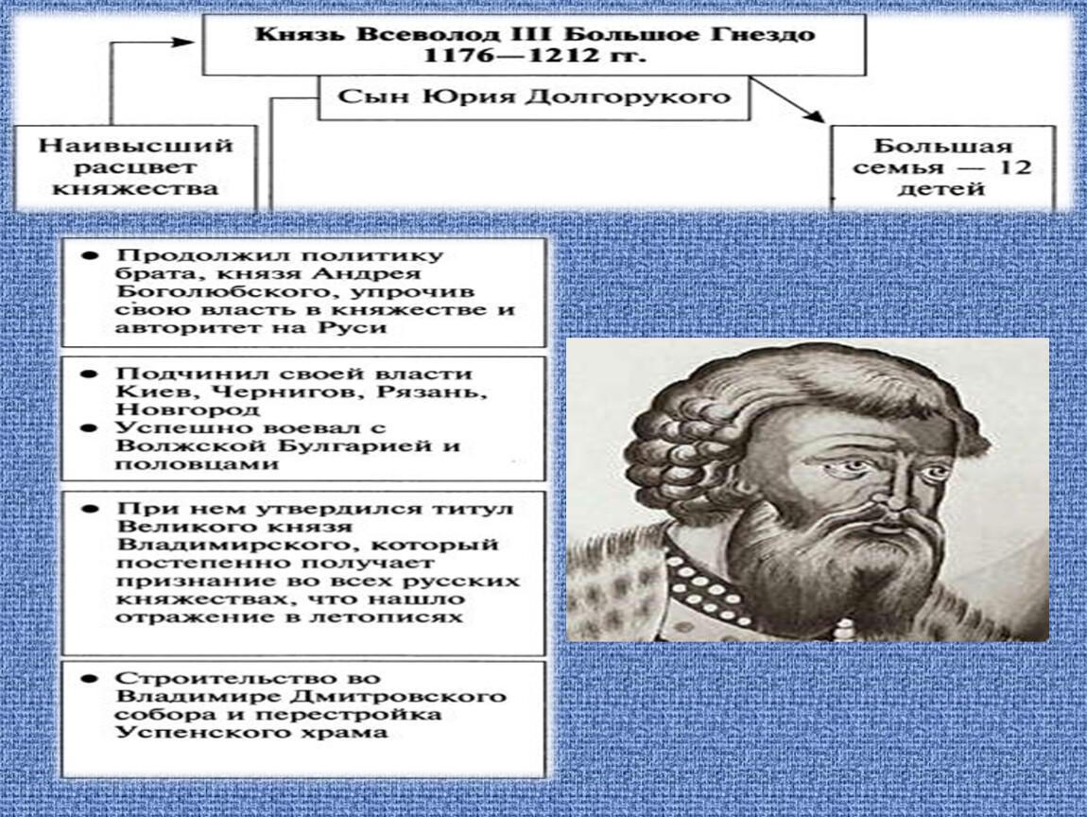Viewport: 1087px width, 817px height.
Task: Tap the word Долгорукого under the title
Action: click(628, 96)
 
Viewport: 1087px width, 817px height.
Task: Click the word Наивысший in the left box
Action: click(136, 147)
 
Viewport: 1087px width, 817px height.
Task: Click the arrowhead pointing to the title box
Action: click(183, 42)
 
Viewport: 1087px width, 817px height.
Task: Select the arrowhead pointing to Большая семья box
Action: click(814, 115)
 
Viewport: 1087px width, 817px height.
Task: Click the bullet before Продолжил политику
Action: click(90, 256)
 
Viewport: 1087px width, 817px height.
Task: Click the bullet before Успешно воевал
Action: click(90, 428)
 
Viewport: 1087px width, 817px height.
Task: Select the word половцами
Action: click(197, 464)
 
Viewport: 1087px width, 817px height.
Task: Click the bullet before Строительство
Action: click(90, 678)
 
